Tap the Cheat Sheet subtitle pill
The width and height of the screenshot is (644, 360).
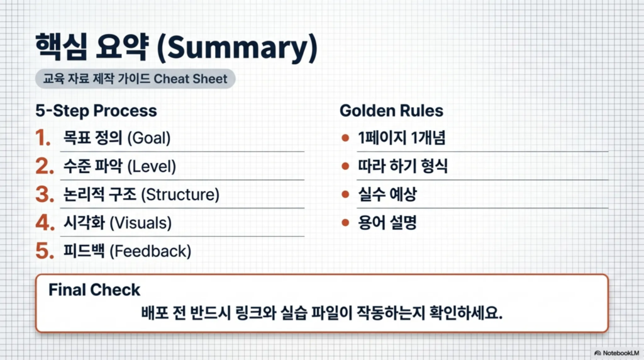[135, 79]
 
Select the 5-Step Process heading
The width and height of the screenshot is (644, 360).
[96, 111]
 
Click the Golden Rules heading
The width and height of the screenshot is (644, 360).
[391, 111]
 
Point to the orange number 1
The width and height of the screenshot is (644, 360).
[43, 138]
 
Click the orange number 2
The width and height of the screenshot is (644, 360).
[45, 166]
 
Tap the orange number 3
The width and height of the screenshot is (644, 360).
[45, 194]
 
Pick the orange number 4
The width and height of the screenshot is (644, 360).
[45, 223]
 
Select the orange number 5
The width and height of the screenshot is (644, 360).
[45, 251]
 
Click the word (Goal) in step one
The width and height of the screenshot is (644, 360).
[148, 138]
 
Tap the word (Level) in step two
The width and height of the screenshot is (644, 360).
[152, 166]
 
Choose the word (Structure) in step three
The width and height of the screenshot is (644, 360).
[180, 195]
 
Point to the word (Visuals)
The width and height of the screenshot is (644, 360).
[140, 223]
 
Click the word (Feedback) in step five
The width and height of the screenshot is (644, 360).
[150, 252]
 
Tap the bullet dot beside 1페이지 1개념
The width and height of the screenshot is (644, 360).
[345, 138]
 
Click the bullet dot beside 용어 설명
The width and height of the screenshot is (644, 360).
[345, 223]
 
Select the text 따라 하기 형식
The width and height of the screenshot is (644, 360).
[402, 166]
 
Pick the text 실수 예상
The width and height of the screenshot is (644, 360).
[387, 194]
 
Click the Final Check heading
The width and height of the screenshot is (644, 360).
[94, 290]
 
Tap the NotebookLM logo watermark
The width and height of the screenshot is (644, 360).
[616, 353]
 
